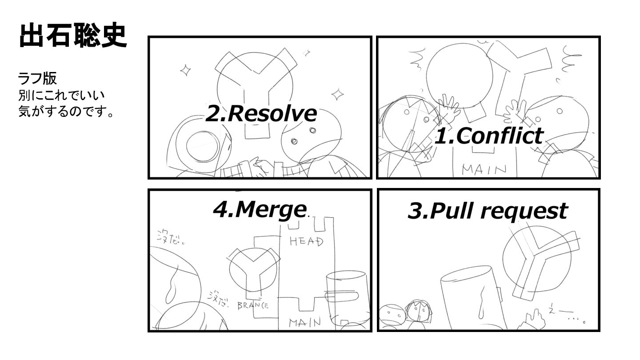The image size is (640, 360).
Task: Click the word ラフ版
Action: (37, 79)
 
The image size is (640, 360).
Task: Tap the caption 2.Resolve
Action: (261, 113)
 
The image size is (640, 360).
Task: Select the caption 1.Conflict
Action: (488, 136)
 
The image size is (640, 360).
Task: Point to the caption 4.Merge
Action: (260, 209)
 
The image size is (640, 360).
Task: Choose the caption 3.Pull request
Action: (487, 211)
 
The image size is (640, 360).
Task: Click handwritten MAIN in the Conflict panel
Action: (484, 169)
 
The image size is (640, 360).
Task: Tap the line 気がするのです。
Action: (66, 111)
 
